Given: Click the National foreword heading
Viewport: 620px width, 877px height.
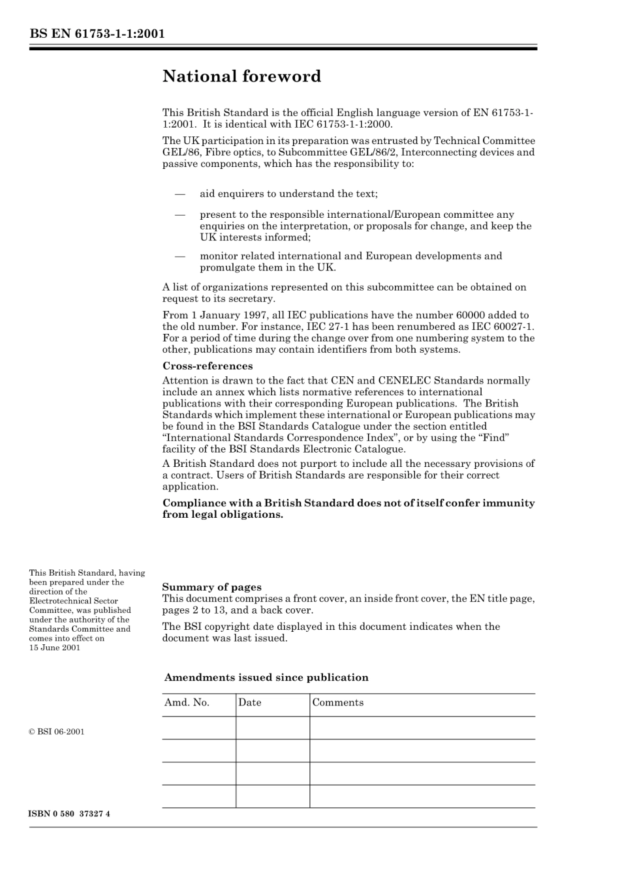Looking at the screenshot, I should [x=241, y=76].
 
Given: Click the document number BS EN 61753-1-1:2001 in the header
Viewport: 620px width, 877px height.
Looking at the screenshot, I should [x=97, y=33].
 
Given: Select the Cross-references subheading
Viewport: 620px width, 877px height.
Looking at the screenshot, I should [x=207, y=366].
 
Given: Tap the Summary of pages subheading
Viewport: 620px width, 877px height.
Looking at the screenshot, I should [x=211, y=587].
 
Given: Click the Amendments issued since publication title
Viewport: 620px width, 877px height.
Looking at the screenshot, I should [x=266, y=677].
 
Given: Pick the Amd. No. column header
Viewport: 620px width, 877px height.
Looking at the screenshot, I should [x=187, y=703].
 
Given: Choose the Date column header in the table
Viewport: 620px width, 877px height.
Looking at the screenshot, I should [x=250, y=703].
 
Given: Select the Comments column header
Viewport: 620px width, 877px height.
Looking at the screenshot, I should [x=337, y=703].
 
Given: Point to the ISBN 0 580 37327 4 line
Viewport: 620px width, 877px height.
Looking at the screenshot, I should [x=69, y=814].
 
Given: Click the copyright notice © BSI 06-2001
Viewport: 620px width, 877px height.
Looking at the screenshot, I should [x=57, y=732].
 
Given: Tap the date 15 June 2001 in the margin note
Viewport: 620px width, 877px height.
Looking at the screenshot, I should [x=55, y=647].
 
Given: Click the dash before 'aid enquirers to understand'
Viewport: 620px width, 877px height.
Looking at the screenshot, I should [x=179, y=194].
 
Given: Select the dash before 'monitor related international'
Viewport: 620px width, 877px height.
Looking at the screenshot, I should [x=179, y=256].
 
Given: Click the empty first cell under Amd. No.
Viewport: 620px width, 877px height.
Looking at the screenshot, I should [x=198, y=728].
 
